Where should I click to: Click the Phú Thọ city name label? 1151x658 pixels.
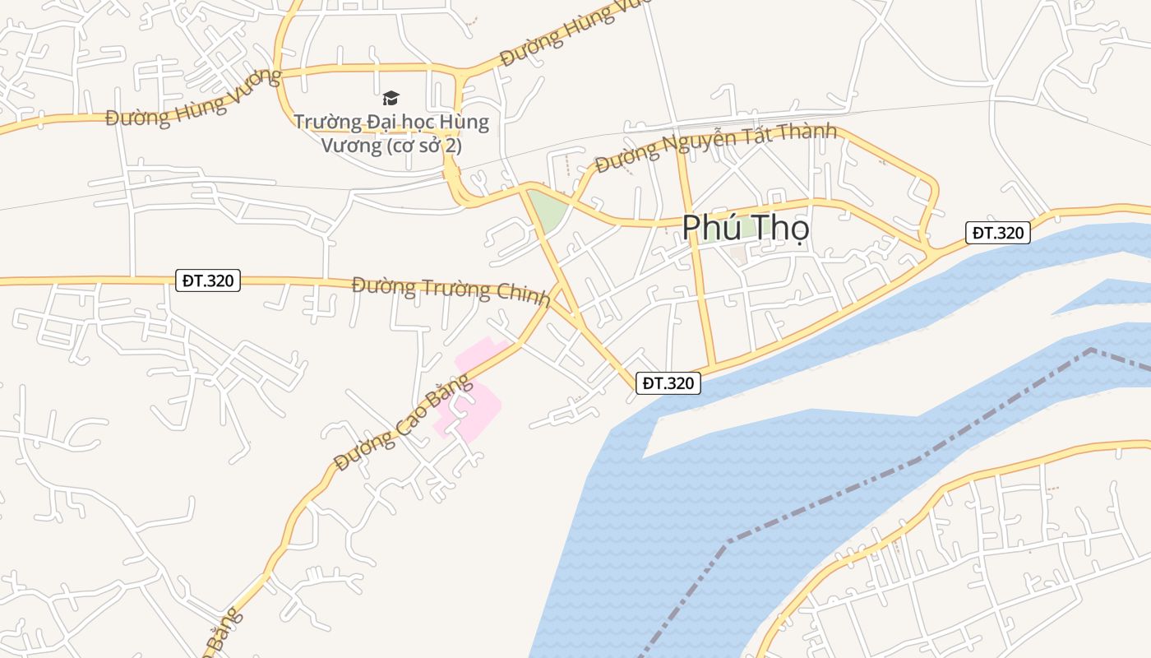tap(745, 228)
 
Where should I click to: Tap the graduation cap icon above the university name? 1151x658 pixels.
tap(391, 99)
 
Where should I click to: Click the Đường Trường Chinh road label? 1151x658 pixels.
tap(451, 291)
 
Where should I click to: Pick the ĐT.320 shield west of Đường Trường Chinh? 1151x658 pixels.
tap(209, 280)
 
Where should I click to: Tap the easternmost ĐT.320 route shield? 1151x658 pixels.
tap(997, 233)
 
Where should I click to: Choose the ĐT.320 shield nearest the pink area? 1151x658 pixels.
tap(668, 383)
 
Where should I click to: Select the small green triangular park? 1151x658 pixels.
tap(546, 209)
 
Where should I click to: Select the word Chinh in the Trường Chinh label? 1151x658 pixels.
tap(522, 293)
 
